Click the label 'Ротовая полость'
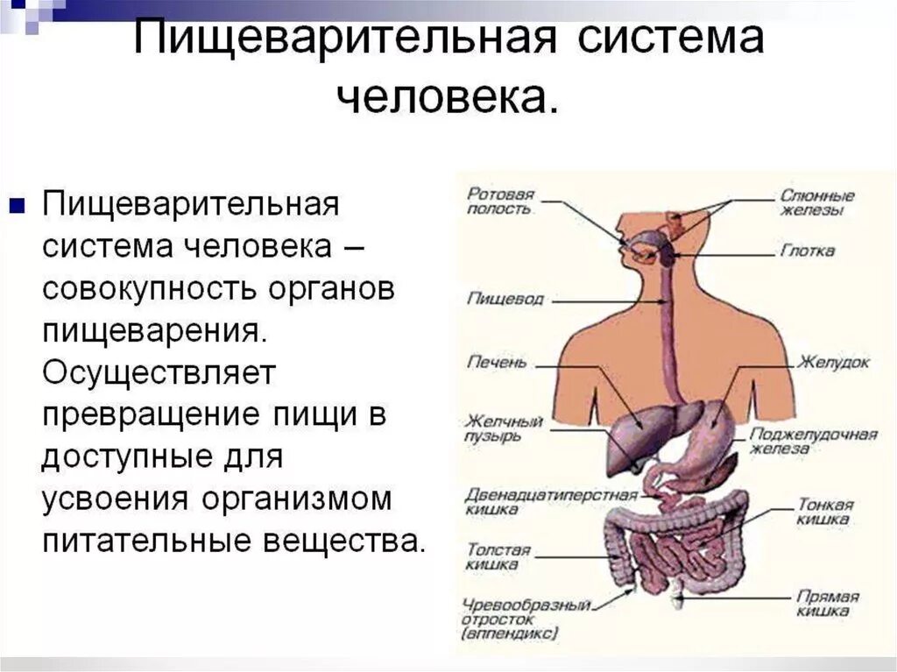coord(500,202)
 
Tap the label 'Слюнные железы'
coord(817,203)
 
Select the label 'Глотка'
coord(807,251)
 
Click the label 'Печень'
coord(497,362)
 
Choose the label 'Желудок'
coord(832,362)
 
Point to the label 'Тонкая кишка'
coord(825,512)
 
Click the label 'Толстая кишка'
coord(498,557)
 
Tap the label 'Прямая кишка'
coord(827,603)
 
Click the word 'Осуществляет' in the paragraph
coord(159,373)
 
